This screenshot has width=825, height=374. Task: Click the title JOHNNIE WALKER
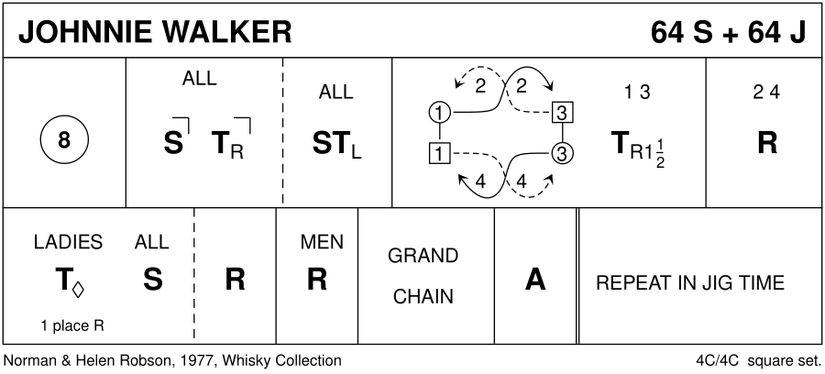(x=155, y=31)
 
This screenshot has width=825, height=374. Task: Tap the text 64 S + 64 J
(x=728, y=31)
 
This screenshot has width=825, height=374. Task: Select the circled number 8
(x=62, y=142)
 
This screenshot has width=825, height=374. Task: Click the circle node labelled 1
(x=440, y=113)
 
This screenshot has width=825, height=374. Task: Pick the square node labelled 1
(x=440, y=153)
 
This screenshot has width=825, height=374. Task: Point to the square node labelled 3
(x=563, y=113)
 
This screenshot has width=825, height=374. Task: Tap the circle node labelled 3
(x=563, y=153)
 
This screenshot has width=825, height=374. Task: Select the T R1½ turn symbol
(x=636, y=144)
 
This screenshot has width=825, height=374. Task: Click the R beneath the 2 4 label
(x=766, y=143)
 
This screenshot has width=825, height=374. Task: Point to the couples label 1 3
(x=636, y=92)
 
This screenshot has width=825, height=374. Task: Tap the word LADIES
(x=68, y=242)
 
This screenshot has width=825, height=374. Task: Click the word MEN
(x=321, y=242)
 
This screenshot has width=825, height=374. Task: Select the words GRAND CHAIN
(x=423, y=276)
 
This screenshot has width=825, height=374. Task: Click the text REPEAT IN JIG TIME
(x=689, y=282)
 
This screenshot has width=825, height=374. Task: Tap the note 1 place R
(x=72, y=324)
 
